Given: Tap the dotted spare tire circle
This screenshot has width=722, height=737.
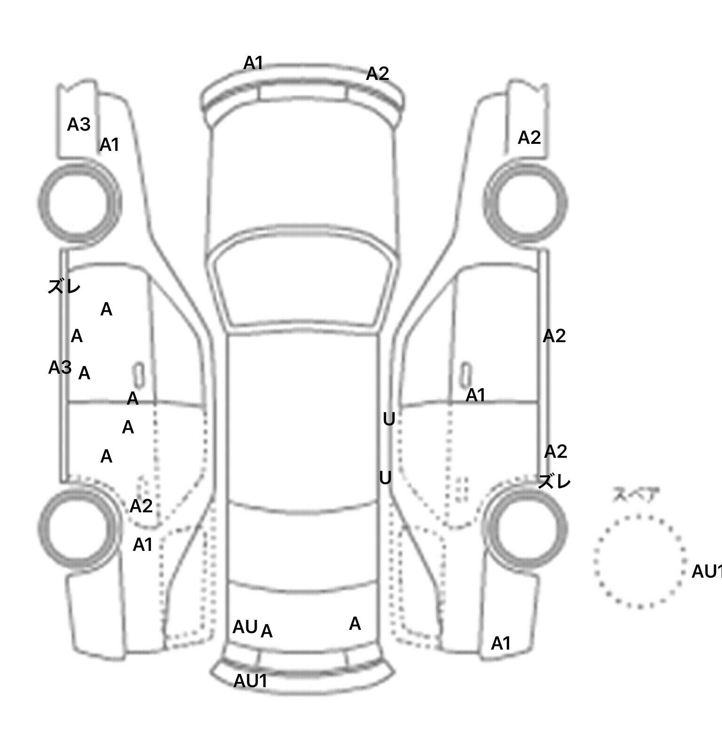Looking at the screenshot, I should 639,561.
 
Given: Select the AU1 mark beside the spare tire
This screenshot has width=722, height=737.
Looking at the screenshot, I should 706,572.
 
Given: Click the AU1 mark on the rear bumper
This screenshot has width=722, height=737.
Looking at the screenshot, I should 250,681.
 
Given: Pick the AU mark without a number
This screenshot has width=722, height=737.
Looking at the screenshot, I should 245,627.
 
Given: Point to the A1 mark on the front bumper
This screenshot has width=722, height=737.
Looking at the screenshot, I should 253,63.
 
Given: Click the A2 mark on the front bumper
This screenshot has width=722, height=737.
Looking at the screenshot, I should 377,74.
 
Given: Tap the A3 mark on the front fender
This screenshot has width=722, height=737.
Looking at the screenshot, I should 78,125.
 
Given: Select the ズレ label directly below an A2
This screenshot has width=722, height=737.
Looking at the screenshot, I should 554,482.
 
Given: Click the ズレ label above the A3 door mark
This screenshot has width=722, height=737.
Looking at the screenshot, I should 64,287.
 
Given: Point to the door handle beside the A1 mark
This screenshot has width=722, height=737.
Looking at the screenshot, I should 466,375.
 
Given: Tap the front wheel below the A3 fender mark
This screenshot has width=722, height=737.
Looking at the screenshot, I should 79,202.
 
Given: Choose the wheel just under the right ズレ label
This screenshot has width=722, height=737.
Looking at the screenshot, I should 526,528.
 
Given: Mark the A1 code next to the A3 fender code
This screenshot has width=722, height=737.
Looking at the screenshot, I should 109,145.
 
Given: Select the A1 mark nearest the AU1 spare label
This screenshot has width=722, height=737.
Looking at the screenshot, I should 501,643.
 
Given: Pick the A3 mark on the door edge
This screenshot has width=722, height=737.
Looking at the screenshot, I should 60,368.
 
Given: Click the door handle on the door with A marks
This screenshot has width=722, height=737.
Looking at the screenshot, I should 139,375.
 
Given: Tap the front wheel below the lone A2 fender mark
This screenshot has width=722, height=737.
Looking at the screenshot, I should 526,203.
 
